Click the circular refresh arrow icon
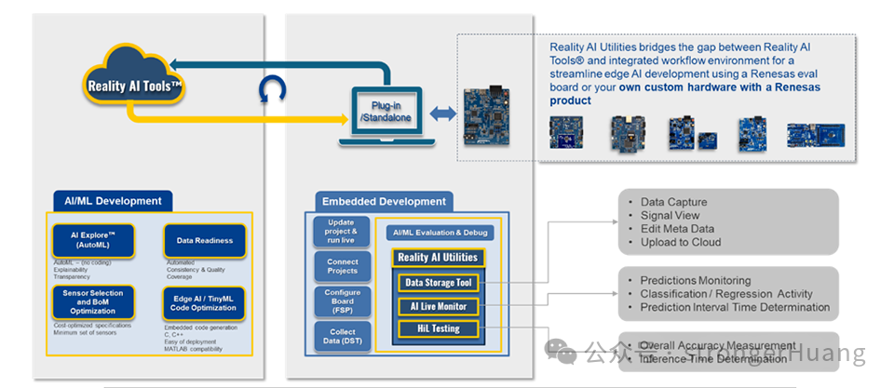272,91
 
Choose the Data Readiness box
204,240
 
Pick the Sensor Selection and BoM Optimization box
92,300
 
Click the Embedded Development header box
383,201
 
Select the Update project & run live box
342,231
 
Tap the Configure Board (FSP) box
342,303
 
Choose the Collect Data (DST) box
342,338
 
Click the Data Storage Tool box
438,283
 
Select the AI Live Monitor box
438,306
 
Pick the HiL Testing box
438,328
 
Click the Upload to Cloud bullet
680,243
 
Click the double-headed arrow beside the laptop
442,113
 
